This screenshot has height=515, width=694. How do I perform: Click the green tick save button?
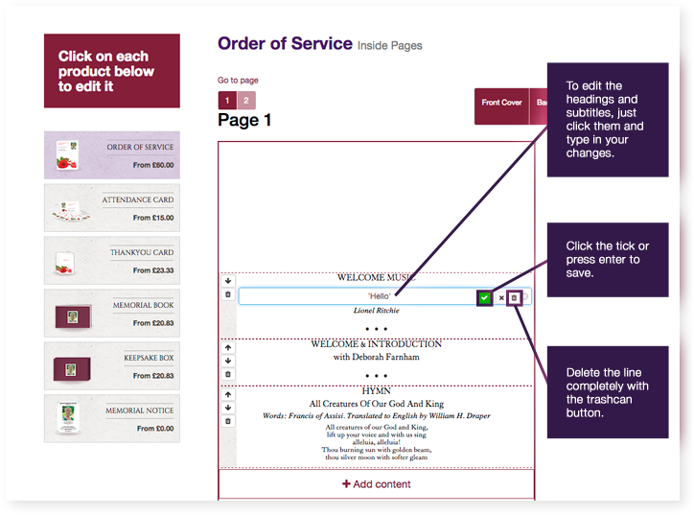click(485, 298)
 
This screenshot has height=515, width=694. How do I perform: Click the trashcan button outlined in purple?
click(514, 298)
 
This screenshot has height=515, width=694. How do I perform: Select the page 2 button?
click(245, 101)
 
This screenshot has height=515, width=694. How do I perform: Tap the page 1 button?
click(227, 101)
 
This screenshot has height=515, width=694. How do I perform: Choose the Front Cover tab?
click(501, 103)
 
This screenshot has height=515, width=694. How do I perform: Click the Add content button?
click(376, 484)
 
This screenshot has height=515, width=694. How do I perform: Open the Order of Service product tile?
click(111, 154)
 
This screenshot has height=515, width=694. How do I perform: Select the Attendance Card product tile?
click(111, 207)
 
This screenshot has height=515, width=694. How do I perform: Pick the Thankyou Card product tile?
click(111, 260)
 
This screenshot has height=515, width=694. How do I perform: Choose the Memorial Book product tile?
click(111, 313)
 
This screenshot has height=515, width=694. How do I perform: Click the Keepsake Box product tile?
click(111, 365)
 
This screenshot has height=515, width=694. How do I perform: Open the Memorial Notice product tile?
click(111, 418)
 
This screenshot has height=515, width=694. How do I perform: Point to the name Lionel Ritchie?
click(376, 311)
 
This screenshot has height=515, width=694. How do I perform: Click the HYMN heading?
click(376, 391)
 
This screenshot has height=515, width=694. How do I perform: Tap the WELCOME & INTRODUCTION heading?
click(376, 343)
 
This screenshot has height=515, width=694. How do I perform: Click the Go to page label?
click(238, 81)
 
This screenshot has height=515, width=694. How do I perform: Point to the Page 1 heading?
click(244, 121)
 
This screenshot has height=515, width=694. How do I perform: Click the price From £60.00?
click(153, 165)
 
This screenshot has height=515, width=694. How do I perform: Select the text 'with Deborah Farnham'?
click(376, 357)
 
